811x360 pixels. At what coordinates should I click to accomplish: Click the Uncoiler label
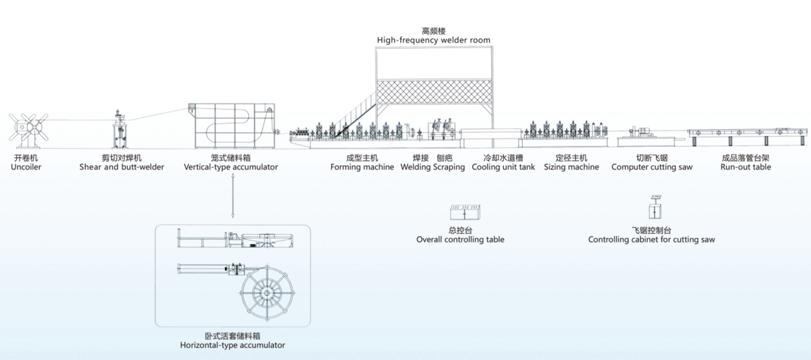tap(26, 167)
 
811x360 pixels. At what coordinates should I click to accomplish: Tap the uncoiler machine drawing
tap(28, 131)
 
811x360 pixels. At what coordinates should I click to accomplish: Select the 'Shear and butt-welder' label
tap(122, 167)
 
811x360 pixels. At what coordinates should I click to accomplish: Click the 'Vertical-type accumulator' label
tap(231, 167)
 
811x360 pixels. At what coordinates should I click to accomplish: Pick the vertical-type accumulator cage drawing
tap(232, 126)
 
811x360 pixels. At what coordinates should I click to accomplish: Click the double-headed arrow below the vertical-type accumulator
tap(233, 195)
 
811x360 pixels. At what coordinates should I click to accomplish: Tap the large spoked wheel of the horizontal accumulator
tap(267, 293)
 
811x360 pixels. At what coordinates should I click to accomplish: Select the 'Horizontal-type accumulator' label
tap(232, 345)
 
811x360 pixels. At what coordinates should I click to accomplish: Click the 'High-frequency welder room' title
tap(433, 40)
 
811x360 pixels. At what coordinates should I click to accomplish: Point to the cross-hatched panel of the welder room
tap(434, 92)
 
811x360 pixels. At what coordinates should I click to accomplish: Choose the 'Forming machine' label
tap(362, 167)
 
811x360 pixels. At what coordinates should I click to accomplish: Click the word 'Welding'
tap(416, 167)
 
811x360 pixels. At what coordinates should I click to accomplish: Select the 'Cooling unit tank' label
tap(503, 167)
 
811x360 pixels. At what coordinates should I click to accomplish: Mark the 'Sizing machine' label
tap(571, 167)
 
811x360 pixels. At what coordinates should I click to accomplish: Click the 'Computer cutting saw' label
tap(651, 167)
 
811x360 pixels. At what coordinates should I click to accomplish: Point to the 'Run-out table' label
tap(746, 167)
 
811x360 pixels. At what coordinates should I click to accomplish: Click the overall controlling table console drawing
tap(465, 212)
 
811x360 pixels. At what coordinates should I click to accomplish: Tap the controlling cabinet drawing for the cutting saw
tap(655, 207)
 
